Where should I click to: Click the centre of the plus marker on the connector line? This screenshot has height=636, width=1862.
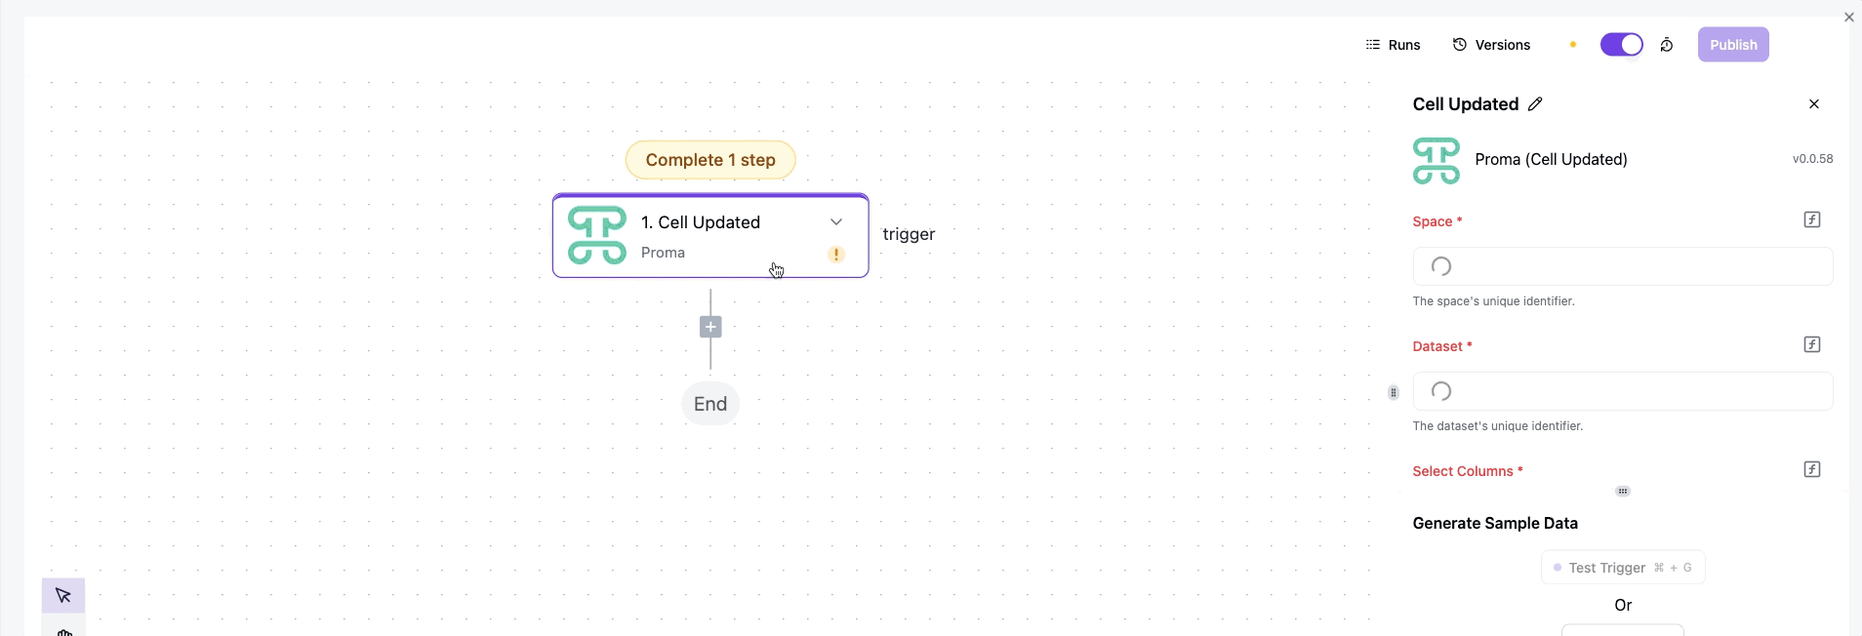click(x=710, y=327)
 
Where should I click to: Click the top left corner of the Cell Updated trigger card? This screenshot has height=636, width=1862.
click(x=553, y=194)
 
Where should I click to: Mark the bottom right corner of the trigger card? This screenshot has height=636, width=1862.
click(x=869, y=277)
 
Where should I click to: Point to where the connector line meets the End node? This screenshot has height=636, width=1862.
click(x=710, y=383)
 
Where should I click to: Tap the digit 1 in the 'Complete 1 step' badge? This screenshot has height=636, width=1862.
click(x=733, y=160)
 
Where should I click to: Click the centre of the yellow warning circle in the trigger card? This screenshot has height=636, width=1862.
click(x=836, y=255)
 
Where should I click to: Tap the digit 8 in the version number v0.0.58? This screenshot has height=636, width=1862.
click(x=1829, y=159)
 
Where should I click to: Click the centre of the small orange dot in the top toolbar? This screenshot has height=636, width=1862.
click(x=1573, y=45)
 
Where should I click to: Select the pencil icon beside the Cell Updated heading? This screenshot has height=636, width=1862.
click(x=1535, y=104)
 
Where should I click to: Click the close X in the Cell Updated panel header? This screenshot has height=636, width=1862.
click(x=1814, y=104)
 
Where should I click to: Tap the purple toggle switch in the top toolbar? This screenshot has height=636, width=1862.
click(x=1622, y=45)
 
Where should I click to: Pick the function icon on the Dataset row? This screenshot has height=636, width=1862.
click(x=1812, y=344)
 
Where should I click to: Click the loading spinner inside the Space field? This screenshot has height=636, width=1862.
click(x=1441, y=266)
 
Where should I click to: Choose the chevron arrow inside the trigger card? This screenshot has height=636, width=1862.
click(x=836, y=222)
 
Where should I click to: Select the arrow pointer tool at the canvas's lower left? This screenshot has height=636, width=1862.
click(x=63, y=596)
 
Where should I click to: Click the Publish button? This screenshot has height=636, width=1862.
click(x=1733, y=45)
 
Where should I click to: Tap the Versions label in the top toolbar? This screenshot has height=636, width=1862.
click(x=1503, y=45)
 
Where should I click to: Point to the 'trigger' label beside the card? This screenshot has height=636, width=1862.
click(x=909, y=234)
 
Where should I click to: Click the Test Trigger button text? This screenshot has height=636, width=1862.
click(x=1607, y=568)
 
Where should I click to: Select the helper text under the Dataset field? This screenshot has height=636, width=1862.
click(x=1498, y=426)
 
